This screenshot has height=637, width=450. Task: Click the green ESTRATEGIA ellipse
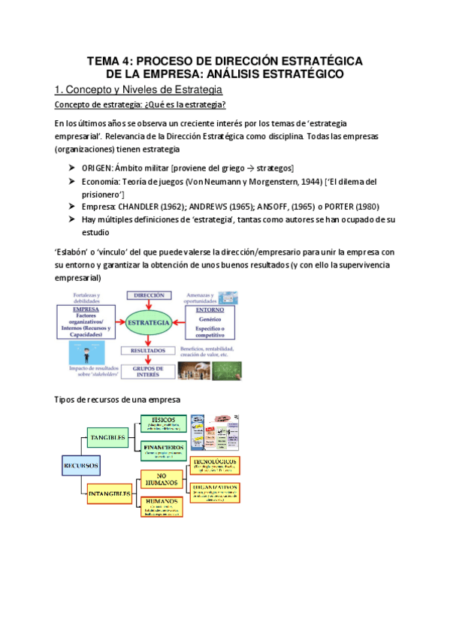click(148, 324)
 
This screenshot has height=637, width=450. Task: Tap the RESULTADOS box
click(149, 350)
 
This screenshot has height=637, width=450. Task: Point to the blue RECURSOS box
click(80, 466)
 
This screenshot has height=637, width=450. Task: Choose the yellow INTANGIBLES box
click(110, 494)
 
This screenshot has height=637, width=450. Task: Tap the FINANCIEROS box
click(163, 449)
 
